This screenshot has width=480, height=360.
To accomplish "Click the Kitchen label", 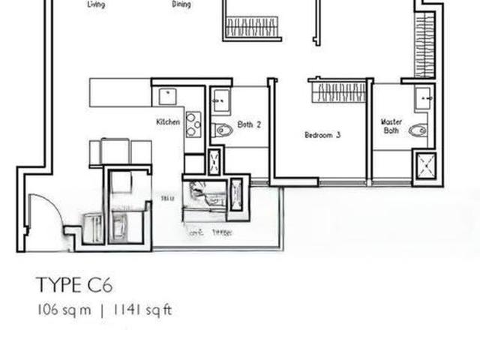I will [x=167, y=121].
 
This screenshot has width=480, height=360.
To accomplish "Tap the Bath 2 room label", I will [x=249, y=124].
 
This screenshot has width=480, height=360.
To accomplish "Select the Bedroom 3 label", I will [x=322, y=135].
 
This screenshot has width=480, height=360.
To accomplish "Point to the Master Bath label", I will [x=391, y=125].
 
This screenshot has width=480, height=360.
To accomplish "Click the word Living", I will [x=96, y=4].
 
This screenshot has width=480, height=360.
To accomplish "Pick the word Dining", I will [x=181, y=4].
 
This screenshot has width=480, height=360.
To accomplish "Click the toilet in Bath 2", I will [x=223, y=130].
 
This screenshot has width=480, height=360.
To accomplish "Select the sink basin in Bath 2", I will [x=220, y=98].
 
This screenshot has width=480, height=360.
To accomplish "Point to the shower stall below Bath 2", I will [x=215, y=162].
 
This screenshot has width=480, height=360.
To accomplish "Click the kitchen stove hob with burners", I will [x=193, y=124].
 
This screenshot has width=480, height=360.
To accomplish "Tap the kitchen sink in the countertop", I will [x=166, y=96].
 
